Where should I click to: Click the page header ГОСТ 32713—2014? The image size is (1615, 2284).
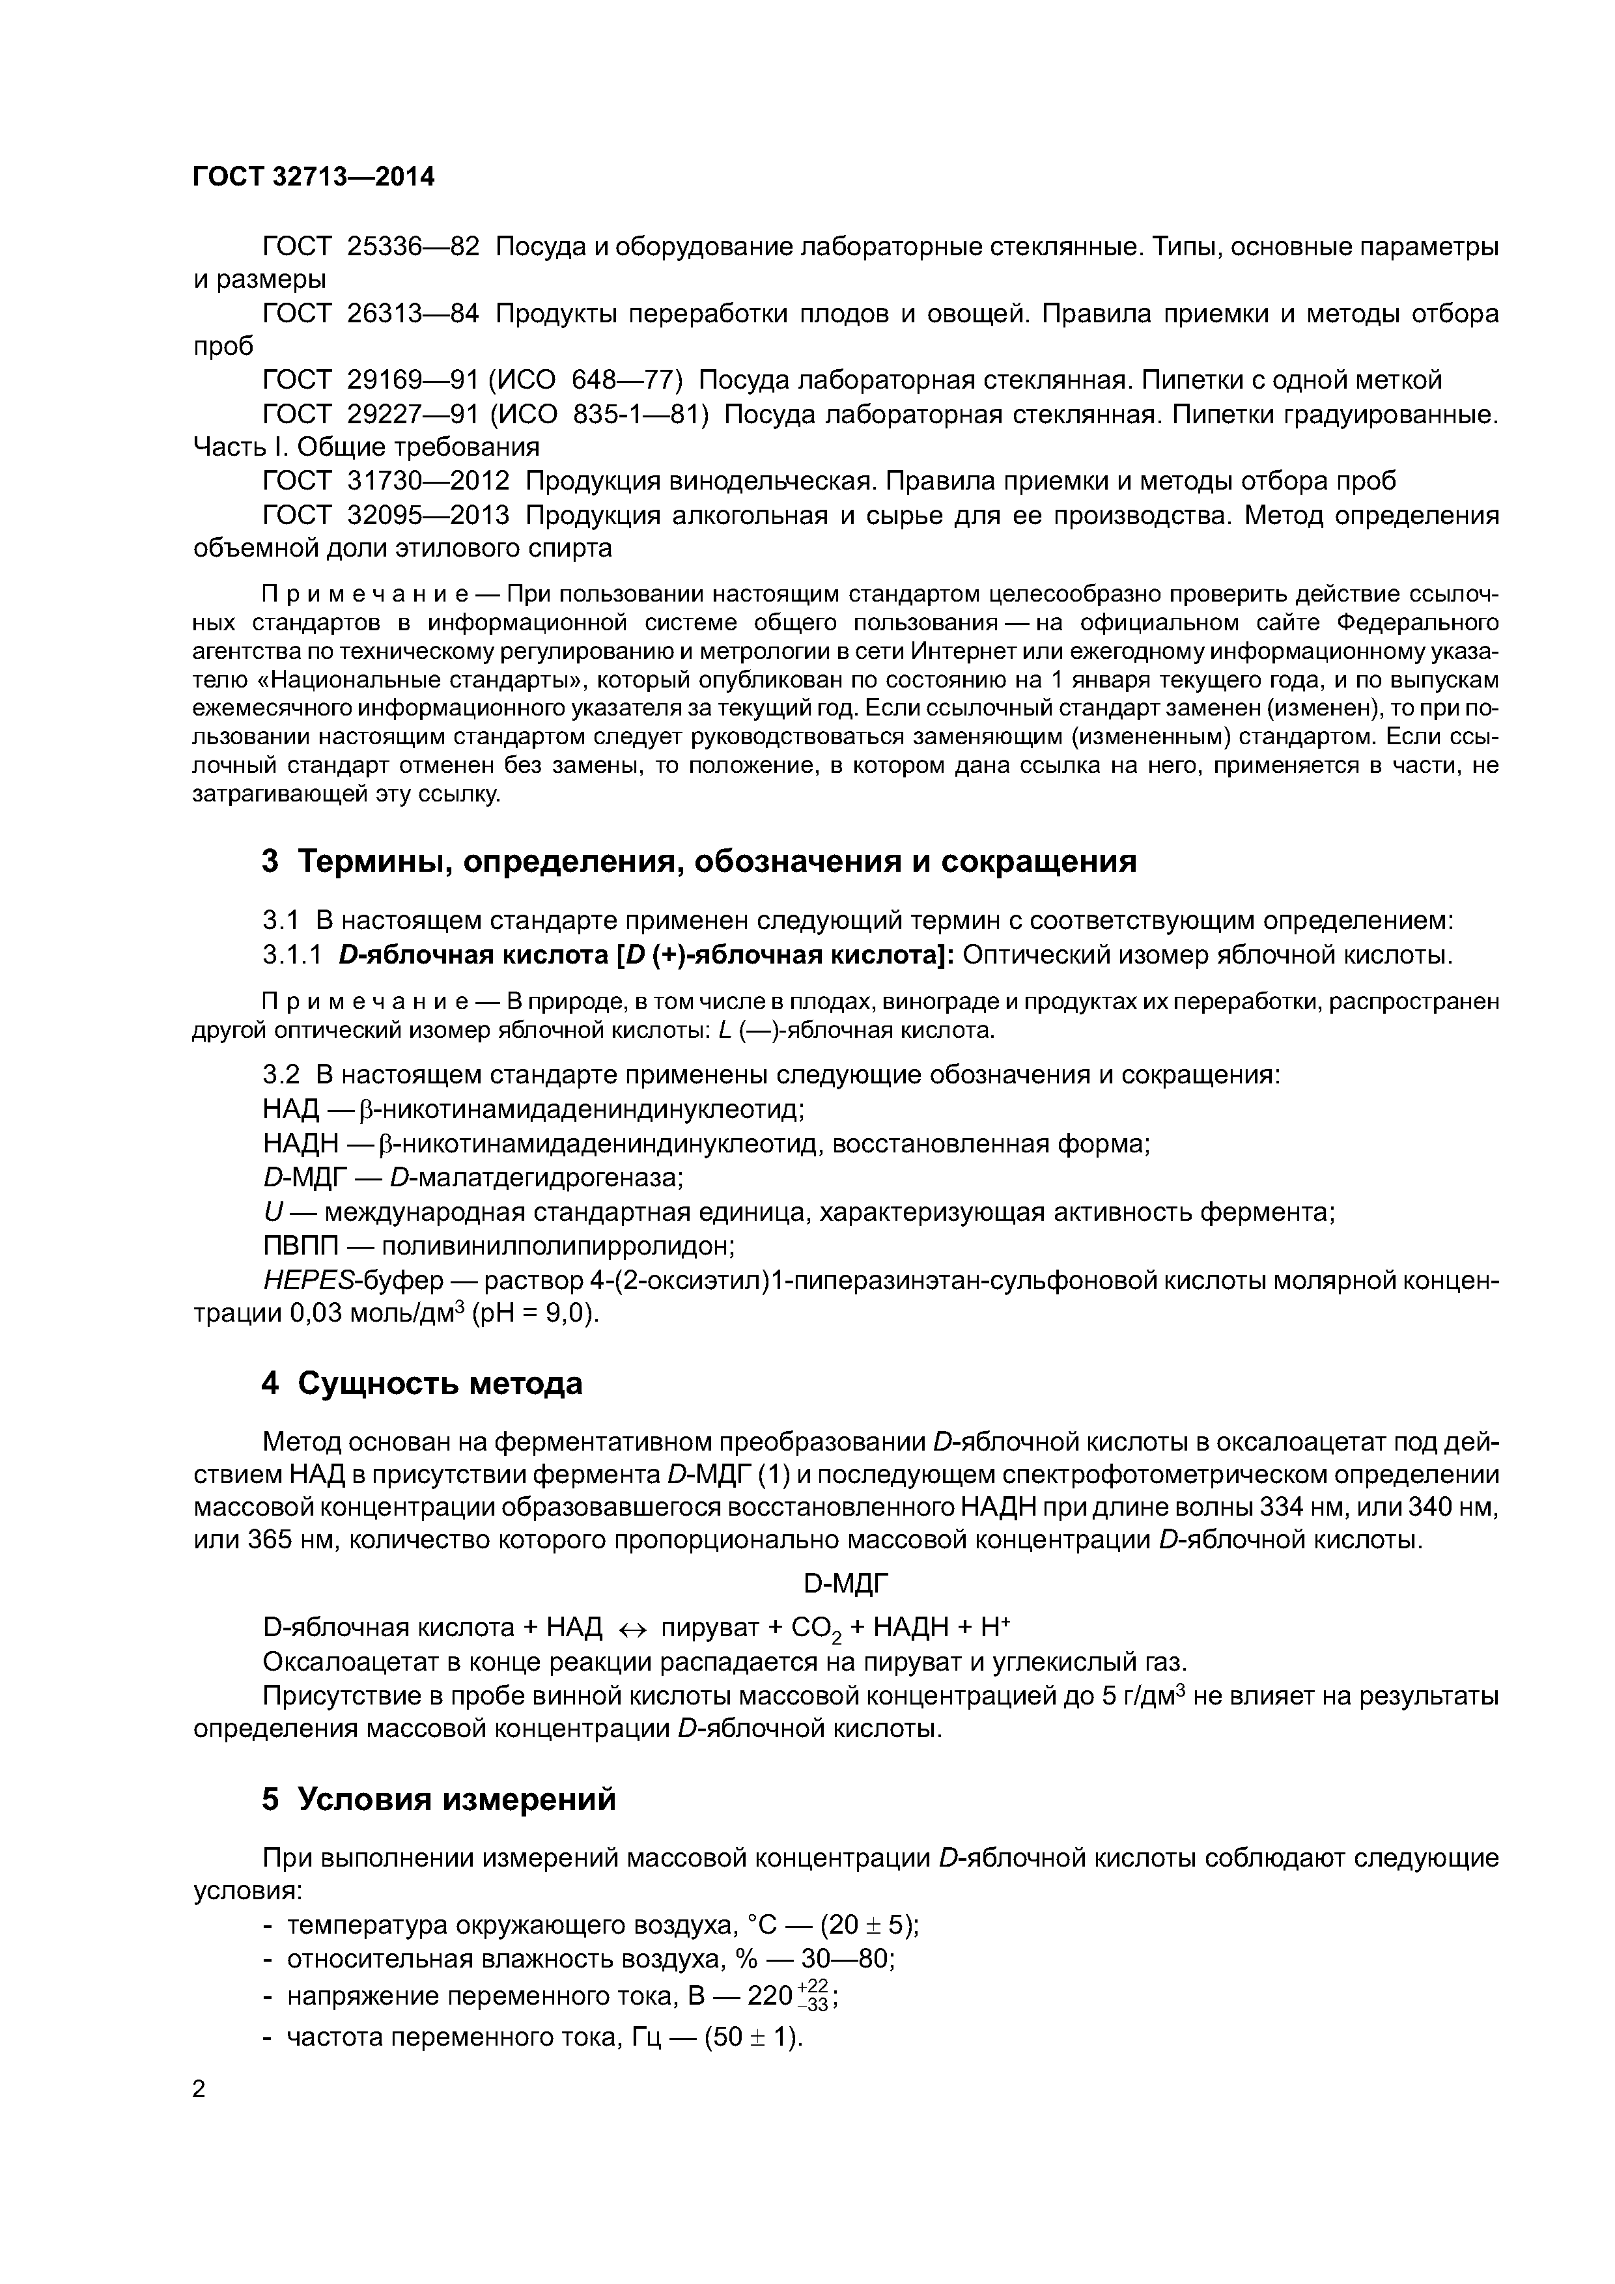pyautogui.click(x=313, y=177)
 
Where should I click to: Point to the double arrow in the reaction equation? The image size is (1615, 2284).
pyautogui.click(x=633, y=1628)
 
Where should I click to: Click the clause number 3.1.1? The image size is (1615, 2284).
pyautogui.click(x=292, y=955)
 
